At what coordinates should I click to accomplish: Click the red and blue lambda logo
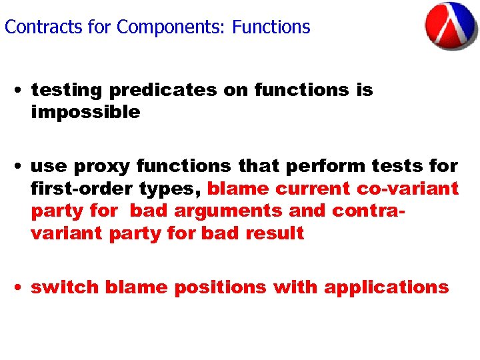pos(451,27)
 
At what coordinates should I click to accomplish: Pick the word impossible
pos(85,112)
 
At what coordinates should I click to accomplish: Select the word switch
pos(65,287)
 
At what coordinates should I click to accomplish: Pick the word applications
pos(386,287)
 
